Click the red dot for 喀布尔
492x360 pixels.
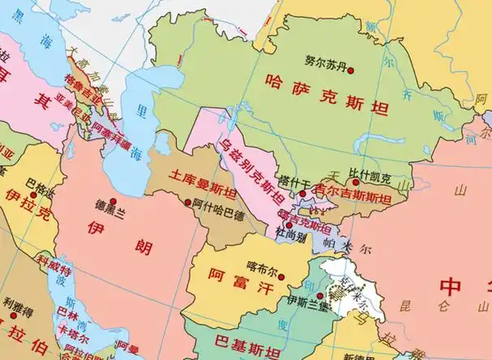(x=280, y=277)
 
